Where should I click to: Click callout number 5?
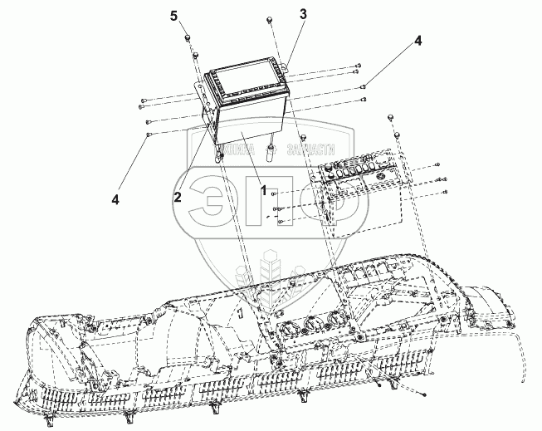click(173, 16)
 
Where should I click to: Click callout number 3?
click(303, 15)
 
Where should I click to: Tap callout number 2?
click(178, 196)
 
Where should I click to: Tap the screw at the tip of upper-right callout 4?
click(365, 83)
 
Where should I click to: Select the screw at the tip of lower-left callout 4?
click(148, 134)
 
